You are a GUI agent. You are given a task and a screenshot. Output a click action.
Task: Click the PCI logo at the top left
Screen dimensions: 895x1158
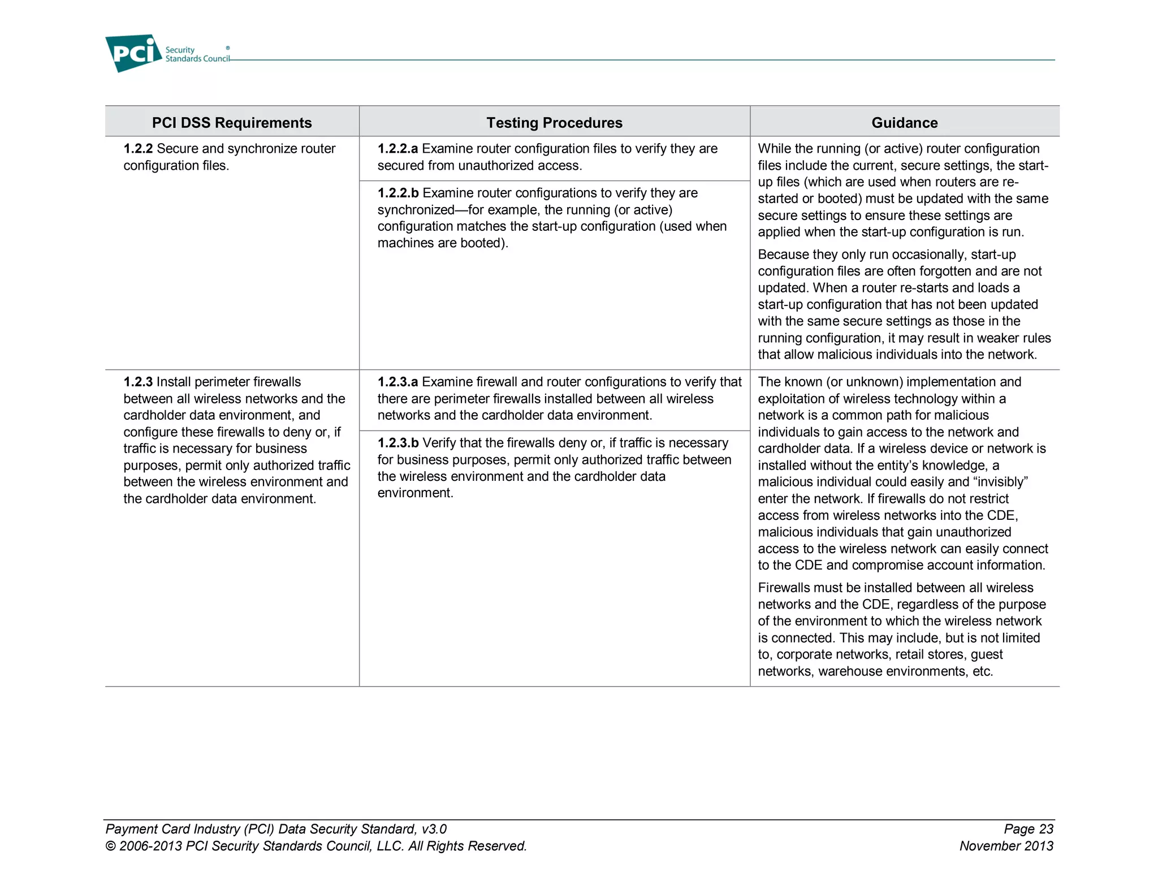pyautogui.click(x=134, y=53)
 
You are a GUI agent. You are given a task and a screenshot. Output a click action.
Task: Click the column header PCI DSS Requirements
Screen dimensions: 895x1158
pyautogui.click(x=232, y=123)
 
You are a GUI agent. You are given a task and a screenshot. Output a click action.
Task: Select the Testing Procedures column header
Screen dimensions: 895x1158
pyautogui.click(x=554, y=123)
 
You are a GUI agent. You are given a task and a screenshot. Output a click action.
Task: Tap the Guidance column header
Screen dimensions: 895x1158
pyautogui.click(x=904, y=123)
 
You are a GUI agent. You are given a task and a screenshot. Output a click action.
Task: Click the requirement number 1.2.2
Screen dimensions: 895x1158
pyautogui.click(x=138, y=149)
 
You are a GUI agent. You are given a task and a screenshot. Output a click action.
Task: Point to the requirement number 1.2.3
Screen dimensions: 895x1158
pyautogui.click(x=138, y=382)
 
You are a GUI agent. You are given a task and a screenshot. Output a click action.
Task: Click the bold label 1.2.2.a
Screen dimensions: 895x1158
pyautogui.click(x=397, y=149)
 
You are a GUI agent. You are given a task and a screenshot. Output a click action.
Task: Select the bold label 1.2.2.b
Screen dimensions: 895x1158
pyautogui.click(x=398, y=193)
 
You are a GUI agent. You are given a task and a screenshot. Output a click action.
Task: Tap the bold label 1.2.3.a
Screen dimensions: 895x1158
pyautogui.click(x=397, y=382)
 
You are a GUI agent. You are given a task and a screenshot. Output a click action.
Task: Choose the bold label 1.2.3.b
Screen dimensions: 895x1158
pyautogui.click(x=398, y=443)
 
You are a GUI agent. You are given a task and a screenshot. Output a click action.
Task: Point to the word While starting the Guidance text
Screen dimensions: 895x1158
pyautogui.click(x=774, y=149)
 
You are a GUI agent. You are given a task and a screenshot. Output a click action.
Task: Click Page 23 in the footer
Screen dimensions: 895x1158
pyautogui.click(x=1028, y=829)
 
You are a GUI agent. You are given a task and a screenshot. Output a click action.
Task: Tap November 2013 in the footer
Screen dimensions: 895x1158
pyautogui.click(x=1006, y=846)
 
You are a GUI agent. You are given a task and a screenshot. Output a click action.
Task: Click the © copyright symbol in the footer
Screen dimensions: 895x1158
pyautogui.click(x=110, y=846)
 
